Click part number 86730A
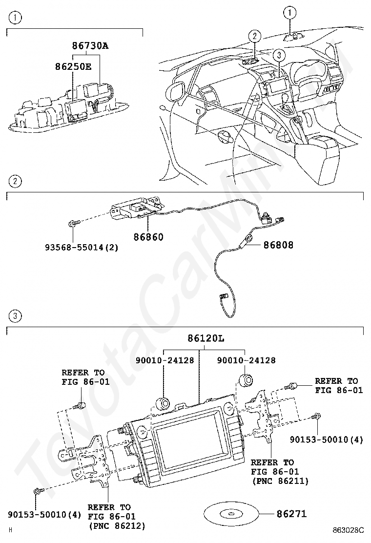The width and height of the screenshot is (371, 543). [x=90, y=46]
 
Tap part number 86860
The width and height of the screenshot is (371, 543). [x=148, y=237]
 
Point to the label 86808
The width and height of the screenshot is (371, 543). [x=279, y=245]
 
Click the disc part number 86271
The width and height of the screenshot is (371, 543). [x=291, y=514]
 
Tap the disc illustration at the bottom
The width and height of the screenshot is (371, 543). [x=230, y=514]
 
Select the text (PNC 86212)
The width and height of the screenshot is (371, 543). [x=117, y=526]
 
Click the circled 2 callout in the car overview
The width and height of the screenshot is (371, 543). [x=254, y=36]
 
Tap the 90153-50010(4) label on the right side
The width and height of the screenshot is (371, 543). [x=332, y=440]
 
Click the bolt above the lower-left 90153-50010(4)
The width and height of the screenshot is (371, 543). [x=38, y=492]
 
